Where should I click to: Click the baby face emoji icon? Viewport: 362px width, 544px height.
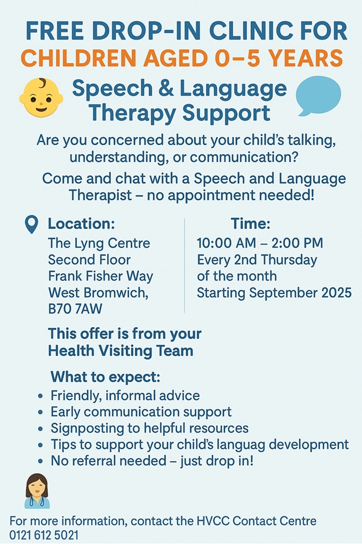pyautogui.click(x=41, y=98)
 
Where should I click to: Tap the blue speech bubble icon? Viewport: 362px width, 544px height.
pyautogui.click(x=318, y=96)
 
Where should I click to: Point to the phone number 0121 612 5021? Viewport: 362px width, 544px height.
pyautogui.click(x=44, y=535)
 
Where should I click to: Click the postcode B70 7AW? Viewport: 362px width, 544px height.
pyautogui.click(x=75, y=309)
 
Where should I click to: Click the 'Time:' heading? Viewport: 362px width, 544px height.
pyautogui.click(x=251, y=224)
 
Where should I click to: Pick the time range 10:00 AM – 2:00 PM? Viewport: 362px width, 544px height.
pyautogui.click(x=260, y=243)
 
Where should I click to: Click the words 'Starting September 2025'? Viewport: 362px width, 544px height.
pyautogui.click(x=274, y=293)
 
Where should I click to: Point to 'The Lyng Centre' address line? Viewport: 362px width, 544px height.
pyautogui.click(x=99, y=243)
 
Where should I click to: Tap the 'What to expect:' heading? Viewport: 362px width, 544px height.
pyautogui.click(x=106, y=377)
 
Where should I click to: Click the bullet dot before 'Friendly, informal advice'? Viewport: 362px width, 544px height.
pyautogui.click(x=41, y=396)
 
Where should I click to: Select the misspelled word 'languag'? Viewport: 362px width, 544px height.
pyautogui.click(x=238, y=445)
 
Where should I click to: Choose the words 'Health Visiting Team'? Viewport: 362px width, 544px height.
pyautogui.click(x=120, y=351)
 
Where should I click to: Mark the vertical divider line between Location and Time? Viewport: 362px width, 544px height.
pyautogui.click(x=185, y=266)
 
